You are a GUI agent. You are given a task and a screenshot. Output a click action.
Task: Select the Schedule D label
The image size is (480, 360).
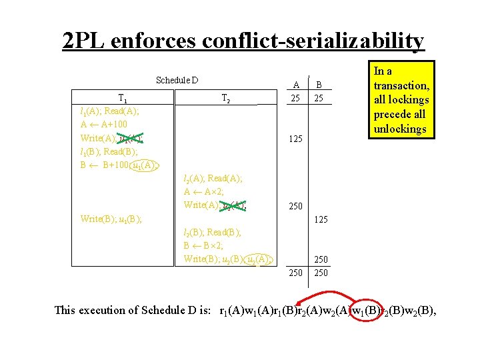point(177,81)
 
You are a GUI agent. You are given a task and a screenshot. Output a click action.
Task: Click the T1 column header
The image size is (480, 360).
point(124,99)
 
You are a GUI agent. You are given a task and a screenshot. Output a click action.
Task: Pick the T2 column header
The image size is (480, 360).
point(225,99)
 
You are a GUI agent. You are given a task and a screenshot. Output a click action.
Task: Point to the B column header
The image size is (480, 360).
point(319,85)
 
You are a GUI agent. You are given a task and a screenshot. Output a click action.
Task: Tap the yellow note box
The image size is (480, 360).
point(402,99)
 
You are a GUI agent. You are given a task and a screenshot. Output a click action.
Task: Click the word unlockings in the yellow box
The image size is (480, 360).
point(400,129)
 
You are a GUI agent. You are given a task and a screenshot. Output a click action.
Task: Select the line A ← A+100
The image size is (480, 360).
point(103,124)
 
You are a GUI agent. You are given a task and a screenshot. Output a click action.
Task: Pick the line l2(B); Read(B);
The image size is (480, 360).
point(212,232)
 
